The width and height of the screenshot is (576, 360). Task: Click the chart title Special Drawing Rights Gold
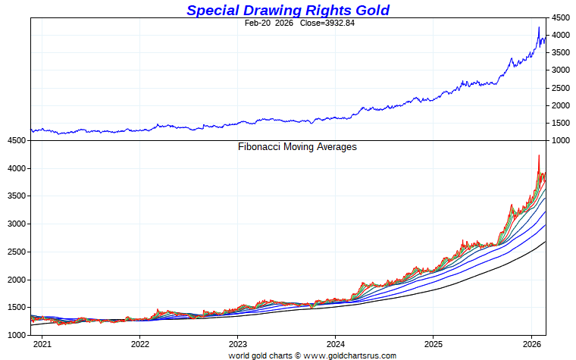click(288, 10)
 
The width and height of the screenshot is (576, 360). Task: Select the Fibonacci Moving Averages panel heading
click(297, 147)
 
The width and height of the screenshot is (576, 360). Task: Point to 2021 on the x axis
click(42, 343)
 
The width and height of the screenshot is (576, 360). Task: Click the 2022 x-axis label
click(139, 343)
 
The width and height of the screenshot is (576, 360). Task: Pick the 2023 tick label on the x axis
click(238, 343)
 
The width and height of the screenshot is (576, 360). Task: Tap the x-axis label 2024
click(336, 343)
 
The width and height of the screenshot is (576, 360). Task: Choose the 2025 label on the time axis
click(434, 343)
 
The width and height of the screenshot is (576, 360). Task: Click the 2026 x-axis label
click(531, 343)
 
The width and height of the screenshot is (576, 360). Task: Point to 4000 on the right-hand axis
click(560, 35)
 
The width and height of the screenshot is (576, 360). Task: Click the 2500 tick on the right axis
click(560, 88)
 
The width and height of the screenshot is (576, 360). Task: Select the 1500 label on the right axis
click(560, 123)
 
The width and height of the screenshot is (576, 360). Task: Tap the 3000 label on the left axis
click(17, 224)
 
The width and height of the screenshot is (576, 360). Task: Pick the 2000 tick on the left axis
click(17, 280)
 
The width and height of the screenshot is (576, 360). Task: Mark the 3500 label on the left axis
click(17, 196)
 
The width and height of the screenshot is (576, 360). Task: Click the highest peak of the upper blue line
click(539, 27)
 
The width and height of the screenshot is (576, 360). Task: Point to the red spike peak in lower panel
click(539, 155)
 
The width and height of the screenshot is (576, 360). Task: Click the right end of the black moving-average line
click(546, 242)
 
